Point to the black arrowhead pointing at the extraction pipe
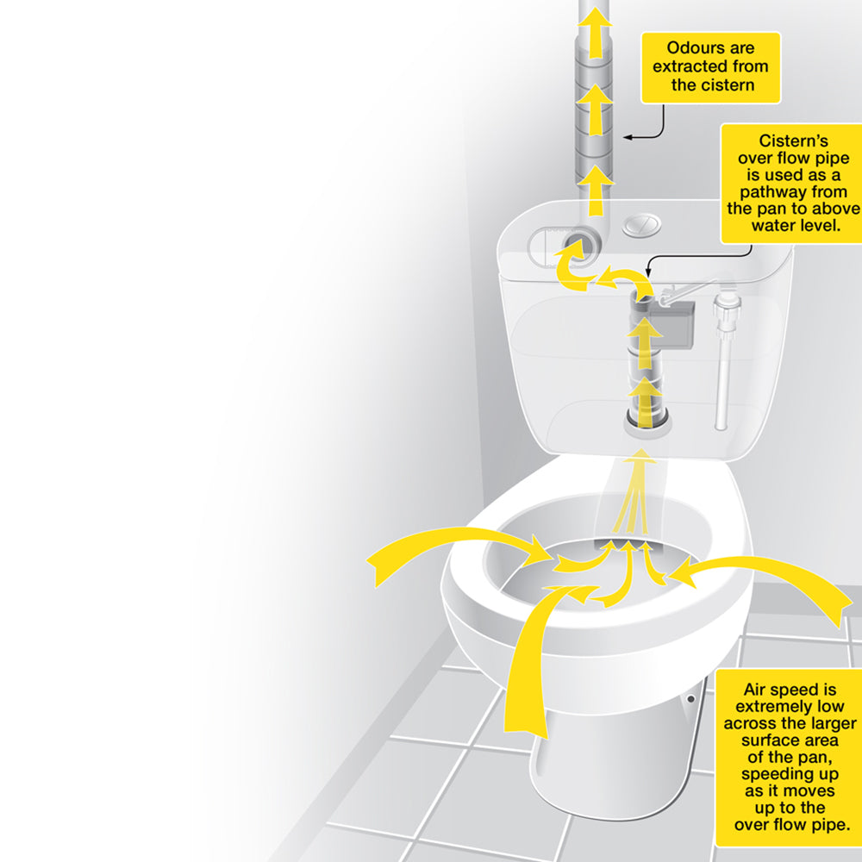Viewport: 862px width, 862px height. click(629, 136)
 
